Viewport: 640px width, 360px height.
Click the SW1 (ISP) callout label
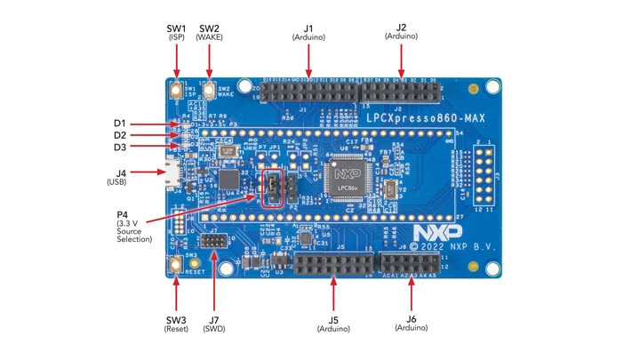pyautogui.click(x=176, y=32)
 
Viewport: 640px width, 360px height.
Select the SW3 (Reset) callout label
pyautogui.click(x=176, y=324)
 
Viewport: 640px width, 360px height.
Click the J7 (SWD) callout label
pyautogui.click(x=213, y=324)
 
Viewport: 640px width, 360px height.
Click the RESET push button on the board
pyautogui.click(x=176, y=264)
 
